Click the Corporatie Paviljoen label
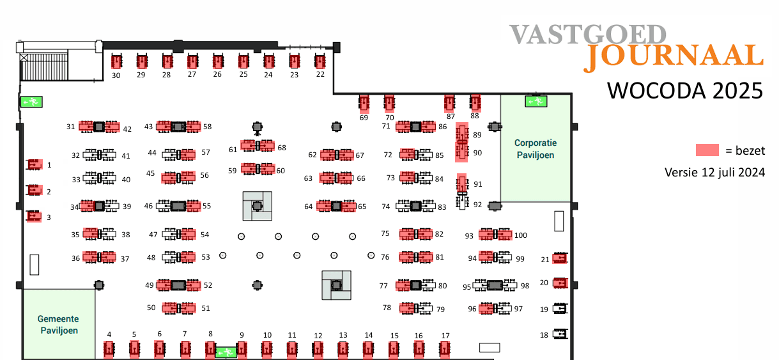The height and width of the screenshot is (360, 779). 535,149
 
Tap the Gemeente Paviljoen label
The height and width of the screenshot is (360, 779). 58,324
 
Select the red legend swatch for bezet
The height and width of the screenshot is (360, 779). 707,151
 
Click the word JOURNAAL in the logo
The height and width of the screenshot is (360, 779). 674,57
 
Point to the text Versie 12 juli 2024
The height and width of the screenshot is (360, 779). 714,172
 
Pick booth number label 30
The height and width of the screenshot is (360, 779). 116,75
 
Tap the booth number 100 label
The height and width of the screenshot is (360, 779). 520,235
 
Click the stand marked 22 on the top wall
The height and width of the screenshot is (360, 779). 320,61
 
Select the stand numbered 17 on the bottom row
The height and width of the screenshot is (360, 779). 445,348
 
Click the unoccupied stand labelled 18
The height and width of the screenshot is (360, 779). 560,334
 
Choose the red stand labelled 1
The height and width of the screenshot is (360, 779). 33,165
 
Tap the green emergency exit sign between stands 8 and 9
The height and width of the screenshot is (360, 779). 225,352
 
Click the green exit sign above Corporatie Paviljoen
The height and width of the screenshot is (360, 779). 535,100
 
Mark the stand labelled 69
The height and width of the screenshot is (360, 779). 364,102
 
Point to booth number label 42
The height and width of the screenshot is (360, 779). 127,129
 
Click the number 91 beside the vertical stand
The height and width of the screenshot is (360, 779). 477,184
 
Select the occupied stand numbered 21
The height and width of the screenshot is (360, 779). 560,258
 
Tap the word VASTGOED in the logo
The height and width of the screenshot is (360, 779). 587,35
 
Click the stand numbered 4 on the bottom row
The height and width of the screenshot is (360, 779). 109,348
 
